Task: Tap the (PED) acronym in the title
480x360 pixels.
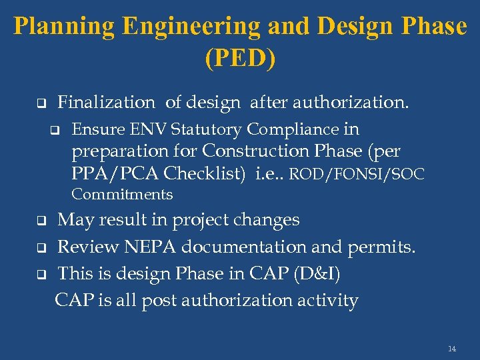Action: [x=240, y=59]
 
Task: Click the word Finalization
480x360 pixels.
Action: [x=106, y=102]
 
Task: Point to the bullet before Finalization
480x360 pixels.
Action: [x=39, y=104]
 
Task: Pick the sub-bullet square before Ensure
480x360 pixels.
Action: [x=55, y=130]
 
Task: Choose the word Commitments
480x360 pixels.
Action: [x=122, y=195]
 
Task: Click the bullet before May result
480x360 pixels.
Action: [x=39, y=221]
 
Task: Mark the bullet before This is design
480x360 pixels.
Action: [x=39, y=274]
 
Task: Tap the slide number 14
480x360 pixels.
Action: [x=452, y=349]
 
